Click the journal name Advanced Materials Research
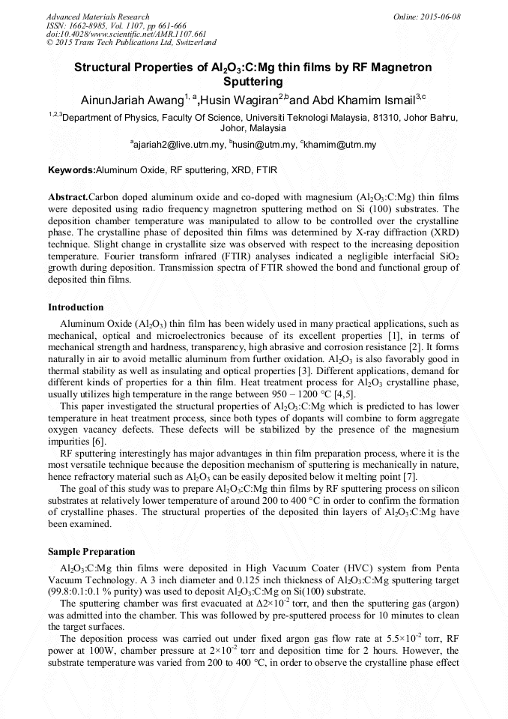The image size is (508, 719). [97, 16]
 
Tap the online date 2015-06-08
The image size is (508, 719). [441, 16]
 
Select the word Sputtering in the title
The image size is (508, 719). [253, 81]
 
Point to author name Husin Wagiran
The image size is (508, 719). [238, 100]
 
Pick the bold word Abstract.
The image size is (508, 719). [67, 196]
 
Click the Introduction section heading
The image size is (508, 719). [76, 307]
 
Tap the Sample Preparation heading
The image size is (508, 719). [91, 551]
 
